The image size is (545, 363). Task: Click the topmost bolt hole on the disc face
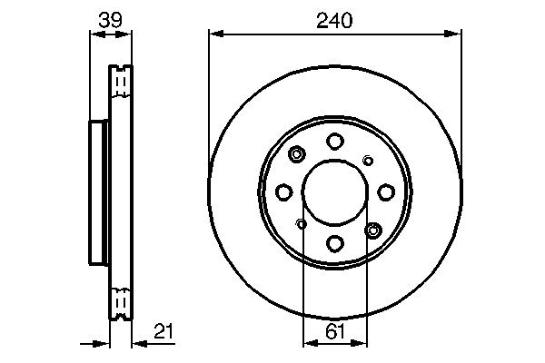[x=335, y=141]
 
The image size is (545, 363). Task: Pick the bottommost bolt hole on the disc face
[x=335, y=243]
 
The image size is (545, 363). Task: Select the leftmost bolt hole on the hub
[x=284, y=191]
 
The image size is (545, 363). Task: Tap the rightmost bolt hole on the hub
[x=386, y=191]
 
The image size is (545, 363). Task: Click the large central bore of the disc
[x=335, y=191]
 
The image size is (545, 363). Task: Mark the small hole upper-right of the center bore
[x=368, y=161]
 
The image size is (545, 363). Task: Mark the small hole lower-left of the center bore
[x=302, y=223]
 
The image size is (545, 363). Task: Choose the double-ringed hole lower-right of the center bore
[x=372, y=229]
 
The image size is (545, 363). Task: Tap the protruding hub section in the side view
[x=99, y=191]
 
